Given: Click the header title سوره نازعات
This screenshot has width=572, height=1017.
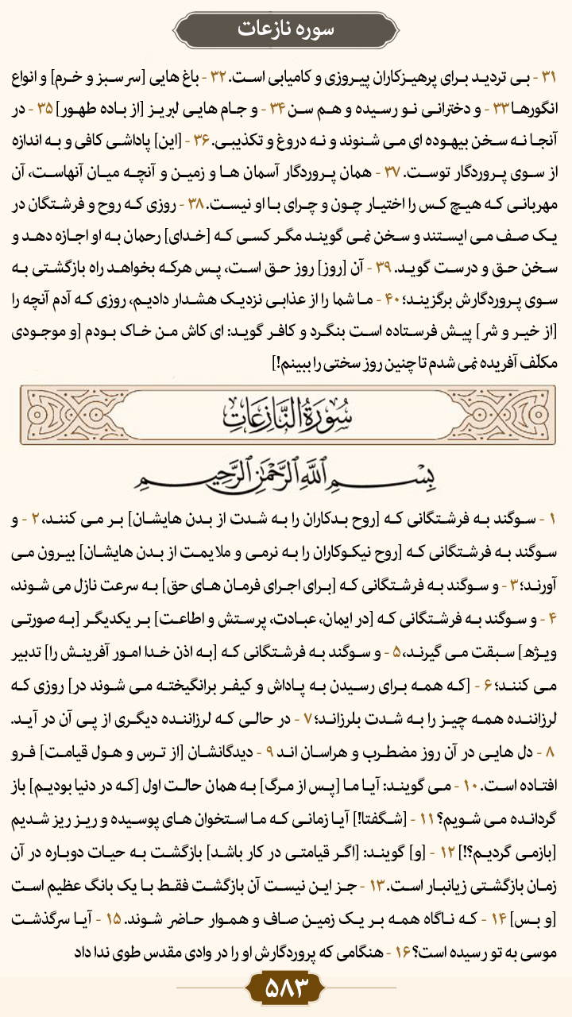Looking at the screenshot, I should tap(285, 29).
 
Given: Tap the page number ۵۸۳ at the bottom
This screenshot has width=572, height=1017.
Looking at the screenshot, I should tap(285, 989).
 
